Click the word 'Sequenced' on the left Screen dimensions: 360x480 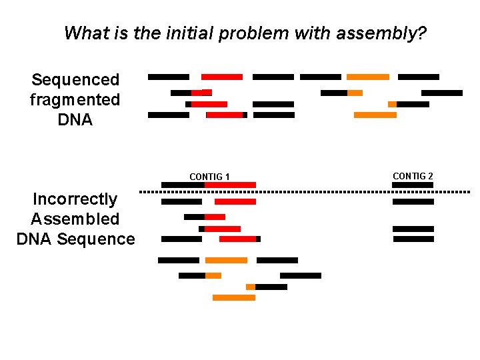(x=75, y=80)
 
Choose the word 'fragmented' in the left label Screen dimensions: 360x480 (x=75, y=100)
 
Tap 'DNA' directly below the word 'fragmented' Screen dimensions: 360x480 (x=75, y=120)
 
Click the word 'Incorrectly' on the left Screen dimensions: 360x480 (x=75, y=199)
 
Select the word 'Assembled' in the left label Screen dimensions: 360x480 (x=75, y=219)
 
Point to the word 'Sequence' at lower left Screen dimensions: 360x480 (x=96, y=239)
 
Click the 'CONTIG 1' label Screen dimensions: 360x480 (x=209, y=177)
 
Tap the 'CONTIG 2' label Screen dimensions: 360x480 (x=413, y=176)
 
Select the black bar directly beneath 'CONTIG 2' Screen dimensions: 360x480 (x=413, y=185)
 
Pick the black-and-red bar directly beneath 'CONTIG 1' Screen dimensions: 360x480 (x=209, y=185)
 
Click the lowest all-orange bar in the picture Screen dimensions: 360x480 (x=233, y=297)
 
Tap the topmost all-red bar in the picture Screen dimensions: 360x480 (x=222, y=77)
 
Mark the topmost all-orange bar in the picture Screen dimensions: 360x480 (x=367, y=77)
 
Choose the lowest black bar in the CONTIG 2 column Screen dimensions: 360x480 (x=413, y=239)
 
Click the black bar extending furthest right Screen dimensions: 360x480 (x=441, y=93)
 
